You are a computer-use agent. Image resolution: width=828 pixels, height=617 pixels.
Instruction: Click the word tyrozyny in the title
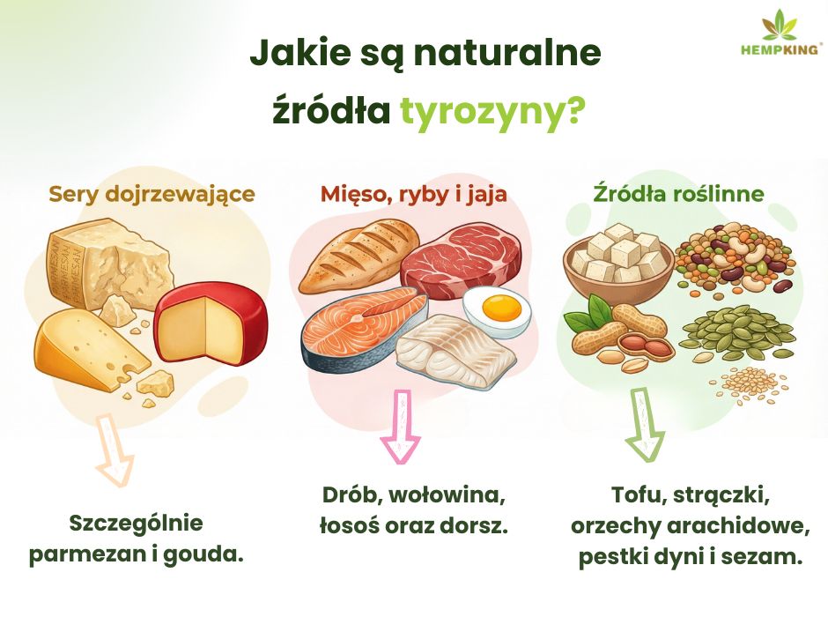484,112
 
